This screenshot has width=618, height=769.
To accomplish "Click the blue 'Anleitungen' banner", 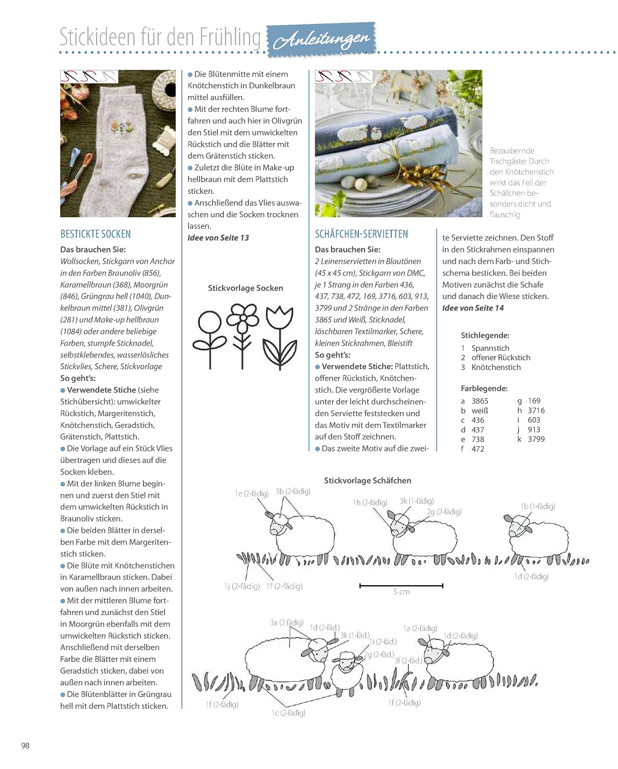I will tap(322, 40).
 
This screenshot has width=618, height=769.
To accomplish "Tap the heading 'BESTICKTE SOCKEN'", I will tap(95, 234).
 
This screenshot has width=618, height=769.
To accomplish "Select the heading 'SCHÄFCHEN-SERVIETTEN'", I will tap(361, 234).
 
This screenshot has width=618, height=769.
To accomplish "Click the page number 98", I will tap(25, 745).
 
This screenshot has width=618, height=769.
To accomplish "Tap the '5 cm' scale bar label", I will tap(401, 592).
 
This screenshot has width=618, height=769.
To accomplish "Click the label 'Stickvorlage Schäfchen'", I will tap(367, 480).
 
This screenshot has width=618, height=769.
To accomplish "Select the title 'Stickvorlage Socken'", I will tap(245, 288).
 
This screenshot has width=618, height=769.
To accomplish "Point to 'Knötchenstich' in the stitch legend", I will tap(496, 367).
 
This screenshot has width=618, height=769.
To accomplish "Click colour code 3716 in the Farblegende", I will tap(536, 410).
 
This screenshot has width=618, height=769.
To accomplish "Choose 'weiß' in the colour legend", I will tap(480, 410).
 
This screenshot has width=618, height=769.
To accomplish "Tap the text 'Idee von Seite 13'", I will tap(218, 238).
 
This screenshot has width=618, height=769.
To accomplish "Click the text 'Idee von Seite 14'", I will tap(473, 308).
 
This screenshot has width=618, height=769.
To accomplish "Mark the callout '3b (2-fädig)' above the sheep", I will tap(293, 491).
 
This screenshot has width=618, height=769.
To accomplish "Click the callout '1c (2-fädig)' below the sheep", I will tap(289, 713).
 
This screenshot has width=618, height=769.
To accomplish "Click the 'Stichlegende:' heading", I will tap(485, 336).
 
